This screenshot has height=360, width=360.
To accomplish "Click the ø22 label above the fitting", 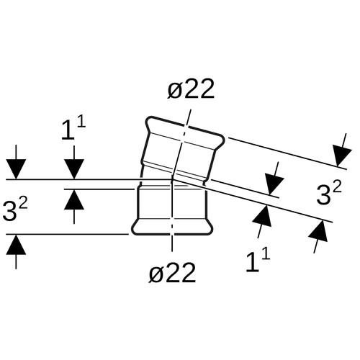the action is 191,89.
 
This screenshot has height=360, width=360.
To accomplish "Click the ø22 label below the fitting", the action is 172,272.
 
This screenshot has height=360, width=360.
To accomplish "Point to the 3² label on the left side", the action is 15,210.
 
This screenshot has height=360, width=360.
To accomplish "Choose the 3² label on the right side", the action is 329,194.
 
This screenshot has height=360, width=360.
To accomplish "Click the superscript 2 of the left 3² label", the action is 24,205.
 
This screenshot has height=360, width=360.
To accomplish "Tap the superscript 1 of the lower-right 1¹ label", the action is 266,255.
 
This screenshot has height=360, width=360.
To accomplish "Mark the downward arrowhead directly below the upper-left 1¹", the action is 74,169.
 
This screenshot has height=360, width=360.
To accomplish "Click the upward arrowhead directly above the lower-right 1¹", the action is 263,215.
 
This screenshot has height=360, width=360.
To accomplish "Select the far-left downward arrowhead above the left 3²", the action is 16,169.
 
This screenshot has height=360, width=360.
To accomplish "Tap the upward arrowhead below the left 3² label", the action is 16,244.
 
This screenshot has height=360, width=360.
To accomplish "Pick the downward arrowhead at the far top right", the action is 341,156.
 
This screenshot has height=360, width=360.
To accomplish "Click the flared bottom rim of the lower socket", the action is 172,227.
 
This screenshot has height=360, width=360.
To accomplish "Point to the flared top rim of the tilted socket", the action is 185,130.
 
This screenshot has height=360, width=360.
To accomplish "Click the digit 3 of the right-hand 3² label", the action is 323,196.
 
